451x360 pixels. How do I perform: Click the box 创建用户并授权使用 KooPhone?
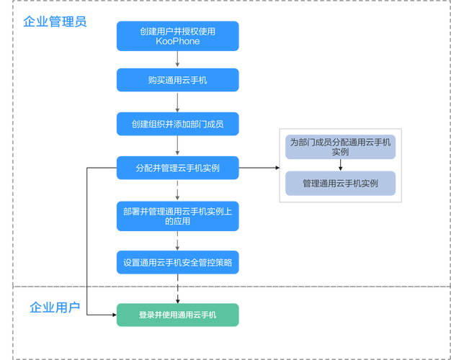coord(177,36)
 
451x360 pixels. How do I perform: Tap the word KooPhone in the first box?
coord(177,42)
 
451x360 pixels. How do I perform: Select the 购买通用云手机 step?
coord(177,80)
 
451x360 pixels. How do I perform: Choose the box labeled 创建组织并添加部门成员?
coord(177,124)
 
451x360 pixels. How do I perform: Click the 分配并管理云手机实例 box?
coord(177,168)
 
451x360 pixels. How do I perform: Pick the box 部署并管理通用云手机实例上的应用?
coord(177,216)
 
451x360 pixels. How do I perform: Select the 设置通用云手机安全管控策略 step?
coord(177,262)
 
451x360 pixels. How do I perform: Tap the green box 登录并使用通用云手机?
coord(177,315)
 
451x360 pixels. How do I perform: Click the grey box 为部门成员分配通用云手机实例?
coord(340,147)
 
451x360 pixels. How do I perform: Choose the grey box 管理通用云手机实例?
coord(340,184)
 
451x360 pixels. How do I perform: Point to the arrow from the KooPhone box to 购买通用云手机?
coord(177,60)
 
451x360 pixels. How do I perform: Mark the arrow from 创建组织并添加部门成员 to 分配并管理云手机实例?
coord(177,146)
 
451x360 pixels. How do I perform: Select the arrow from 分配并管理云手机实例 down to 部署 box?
coord(177,192)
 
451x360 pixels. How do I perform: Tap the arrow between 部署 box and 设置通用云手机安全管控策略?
coord(177,240)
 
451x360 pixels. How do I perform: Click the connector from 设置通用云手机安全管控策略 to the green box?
coord(177,289)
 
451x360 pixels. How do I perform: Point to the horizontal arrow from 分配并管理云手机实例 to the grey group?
coord(259,168)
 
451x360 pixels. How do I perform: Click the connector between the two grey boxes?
coord(340,166)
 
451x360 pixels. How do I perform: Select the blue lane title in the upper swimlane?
coord(55,22)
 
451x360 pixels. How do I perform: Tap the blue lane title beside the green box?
coord(55,308)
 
